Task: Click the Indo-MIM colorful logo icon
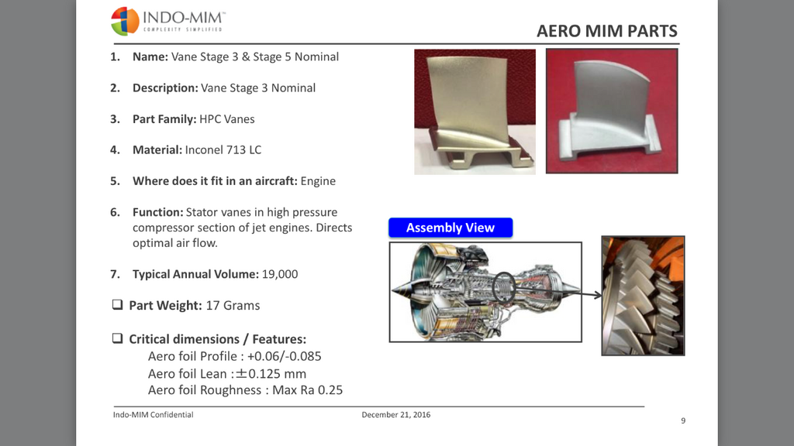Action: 125,21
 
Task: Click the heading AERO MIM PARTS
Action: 606,31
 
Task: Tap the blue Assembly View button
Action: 451,228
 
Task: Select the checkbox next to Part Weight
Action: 118,304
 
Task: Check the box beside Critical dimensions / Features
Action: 118,338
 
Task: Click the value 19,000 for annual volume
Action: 279,274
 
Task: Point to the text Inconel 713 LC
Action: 223,149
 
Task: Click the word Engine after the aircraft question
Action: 318,181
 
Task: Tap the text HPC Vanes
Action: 227,118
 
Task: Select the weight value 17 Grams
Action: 233,305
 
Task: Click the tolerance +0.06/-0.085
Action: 284,356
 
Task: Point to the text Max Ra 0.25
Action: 307,390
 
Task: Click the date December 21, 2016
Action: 396,415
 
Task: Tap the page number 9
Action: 683,420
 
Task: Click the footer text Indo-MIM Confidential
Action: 153,415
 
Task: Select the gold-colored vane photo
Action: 475,111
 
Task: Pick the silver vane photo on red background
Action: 612,111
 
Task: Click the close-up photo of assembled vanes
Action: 643,296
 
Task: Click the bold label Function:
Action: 158,212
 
